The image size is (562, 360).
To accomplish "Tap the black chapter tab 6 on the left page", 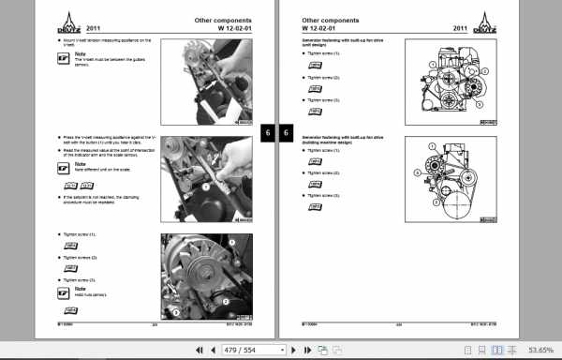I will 267,133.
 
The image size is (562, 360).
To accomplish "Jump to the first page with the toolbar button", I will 199,350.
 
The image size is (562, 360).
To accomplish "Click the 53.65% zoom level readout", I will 540,350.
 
